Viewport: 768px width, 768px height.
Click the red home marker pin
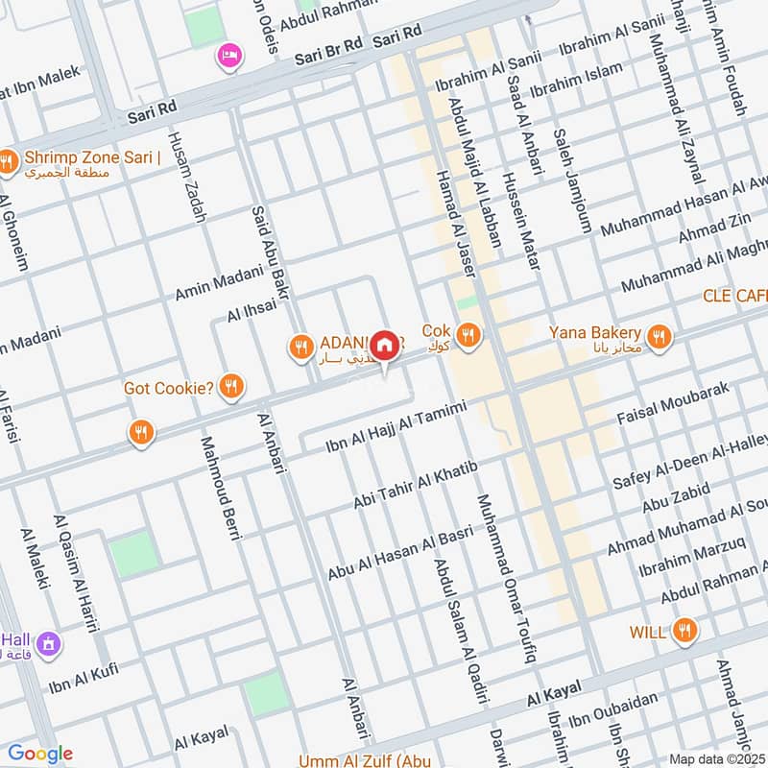(x=385, y=345)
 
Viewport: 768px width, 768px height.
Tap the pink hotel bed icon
(x=229, y=56)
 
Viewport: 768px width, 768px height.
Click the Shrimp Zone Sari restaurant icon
(x=8, y=162)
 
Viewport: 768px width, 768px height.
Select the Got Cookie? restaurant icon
(x=230, y=387)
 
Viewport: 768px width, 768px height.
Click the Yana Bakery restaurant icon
(x=659, y=336)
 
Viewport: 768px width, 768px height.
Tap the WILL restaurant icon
(x=684, y=631)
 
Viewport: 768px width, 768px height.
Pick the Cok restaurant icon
(x=468, y=334)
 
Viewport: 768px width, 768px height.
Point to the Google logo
(x=40, y=754)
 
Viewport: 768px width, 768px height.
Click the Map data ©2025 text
(x=716, y=758)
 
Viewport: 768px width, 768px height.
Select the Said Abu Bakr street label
(x=269, y=252)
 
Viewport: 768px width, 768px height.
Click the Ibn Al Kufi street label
(x=84, y=677)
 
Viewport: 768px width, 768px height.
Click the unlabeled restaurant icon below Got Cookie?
(x=141, y=433)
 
